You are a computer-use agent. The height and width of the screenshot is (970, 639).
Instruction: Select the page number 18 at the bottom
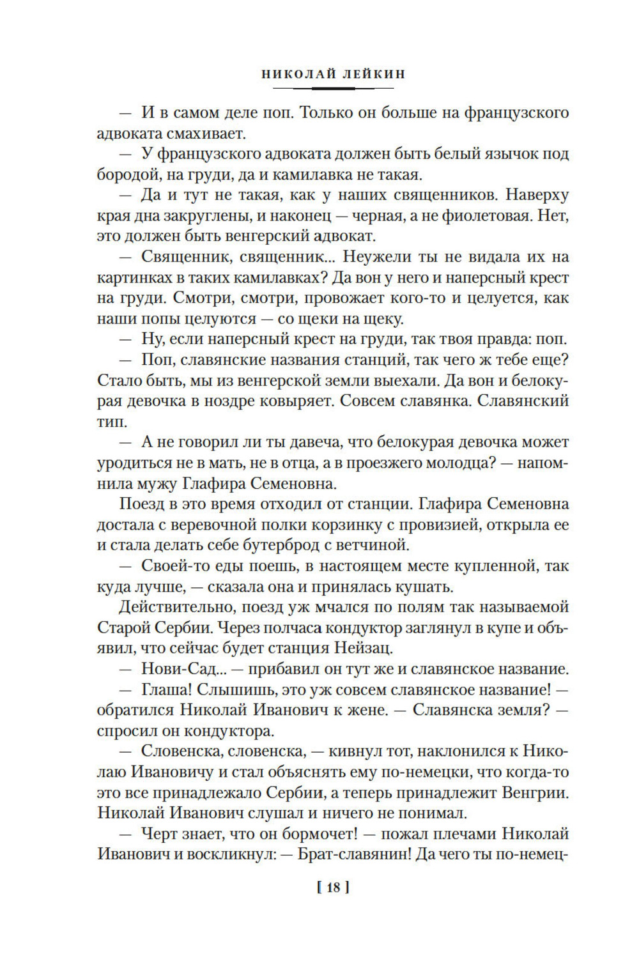(333, 888)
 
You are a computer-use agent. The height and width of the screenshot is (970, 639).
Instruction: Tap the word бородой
(125, 174)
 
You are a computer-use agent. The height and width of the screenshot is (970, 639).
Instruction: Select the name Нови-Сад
(177, 669)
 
